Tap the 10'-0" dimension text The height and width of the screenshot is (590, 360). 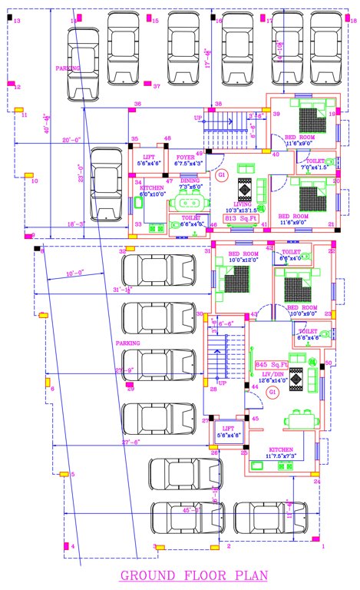tap(74, 273)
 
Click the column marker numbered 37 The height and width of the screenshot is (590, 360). tap(156, 86)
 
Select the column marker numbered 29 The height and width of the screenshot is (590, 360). tap(130, 389)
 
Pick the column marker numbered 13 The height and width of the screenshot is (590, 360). tap(16, 22)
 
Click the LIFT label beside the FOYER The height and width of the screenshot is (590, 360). tap(148, 156)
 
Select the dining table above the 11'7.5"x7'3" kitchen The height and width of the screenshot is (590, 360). tap(299, 420)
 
